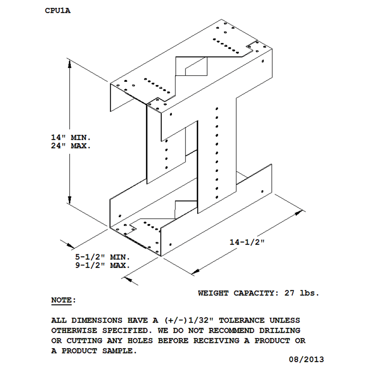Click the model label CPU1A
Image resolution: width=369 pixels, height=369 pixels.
pos(58,11)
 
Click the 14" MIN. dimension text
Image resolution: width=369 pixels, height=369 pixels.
pos(71,137)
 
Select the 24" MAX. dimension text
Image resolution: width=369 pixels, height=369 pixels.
pos(71,146)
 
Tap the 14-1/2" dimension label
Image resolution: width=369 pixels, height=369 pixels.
pos(247,242)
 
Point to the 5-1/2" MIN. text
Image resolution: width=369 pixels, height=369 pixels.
pos(103,257)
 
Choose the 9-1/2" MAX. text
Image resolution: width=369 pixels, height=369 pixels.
pos(103,265)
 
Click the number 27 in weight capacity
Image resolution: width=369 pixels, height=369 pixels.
pos(289,293)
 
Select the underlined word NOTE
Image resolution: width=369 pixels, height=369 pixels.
pos(61,300)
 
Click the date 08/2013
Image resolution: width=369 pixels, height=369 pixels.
pos(306,359)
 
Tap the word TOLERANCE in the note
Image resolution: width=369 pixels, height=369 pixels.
pos(242,320)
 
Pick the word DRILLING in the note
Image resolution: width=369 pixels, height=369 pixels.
pos(280,330)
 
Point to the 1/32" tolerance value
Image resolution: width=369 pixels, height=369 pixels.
pos(201,320)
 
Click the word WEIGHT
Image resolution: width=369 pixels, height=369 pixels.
pos(213,293)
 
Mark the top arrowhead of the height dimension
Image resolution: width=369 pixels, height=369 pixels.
pos(70,64)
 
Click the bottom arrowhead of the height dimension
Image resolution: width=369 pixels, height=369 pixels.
pos(70,200)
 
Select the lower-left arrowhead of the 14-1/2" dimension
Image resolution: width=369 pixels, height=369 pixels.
pos(196,271)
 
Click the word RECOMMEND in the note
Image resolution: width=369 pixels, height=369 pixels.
pos(231,330)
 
